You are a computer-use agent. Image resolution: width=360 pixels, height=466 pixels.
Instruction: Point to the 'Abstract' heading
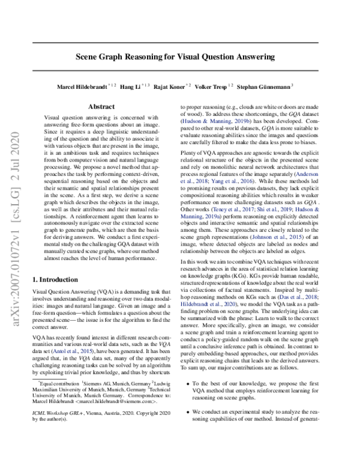point(101,107)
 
